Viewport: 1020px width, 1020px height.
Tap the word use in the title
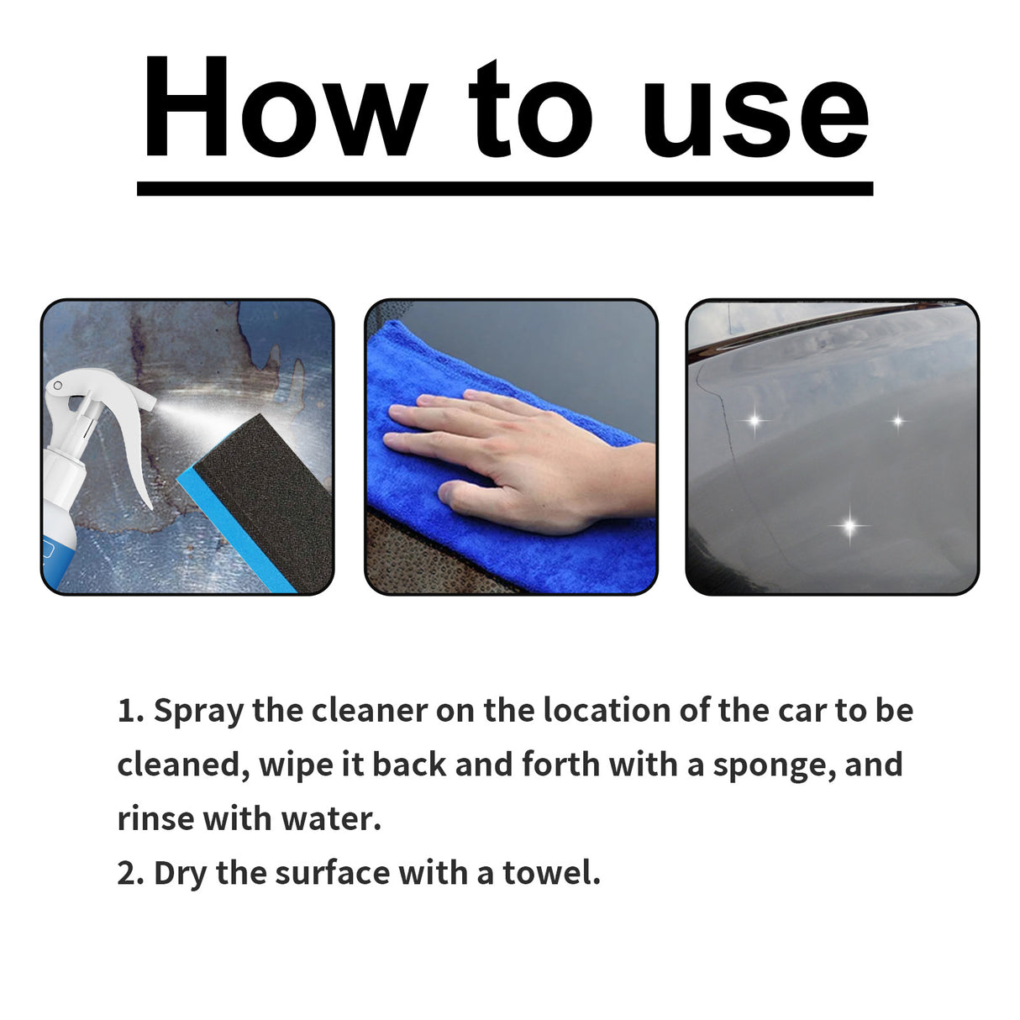click(x=754, y=118)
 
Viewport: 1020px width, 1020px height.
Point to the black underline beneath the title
click(x=504, y=189)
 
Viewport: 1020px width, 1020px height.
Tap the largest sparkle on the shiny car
click(x=850, y=527)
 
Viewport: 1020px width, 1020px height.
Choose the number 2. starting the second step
click(x=131, y=874)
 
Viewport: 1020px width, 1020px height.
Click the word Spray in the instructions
click(x=199, y=712)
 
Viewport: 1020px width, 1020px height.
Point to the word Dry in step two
click(x=180, y=874)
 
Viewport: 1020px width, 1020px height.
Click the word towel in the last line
click(x=551, y=874)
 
